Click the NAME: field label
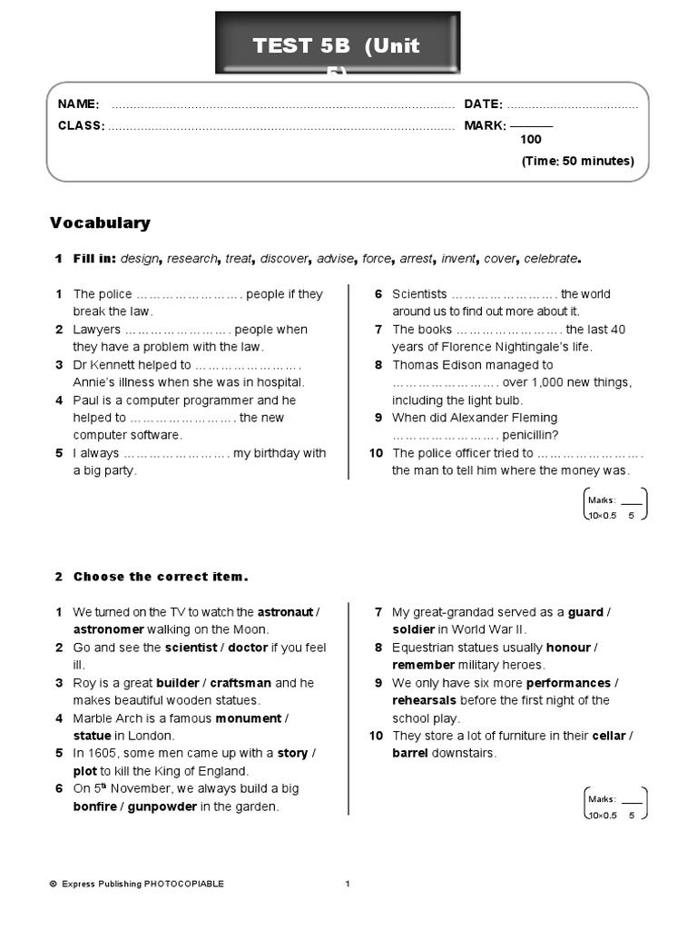(78, 104)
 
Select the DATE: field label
(483, 104)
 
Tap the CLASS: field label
(81, 125)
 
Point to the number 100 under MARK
(531, 140)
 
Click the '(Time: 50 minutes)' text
(577, 162)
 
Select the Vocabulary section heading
(100, 223)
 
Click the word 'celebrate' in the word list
(551, 259)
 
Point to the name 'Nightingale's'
(526, 347)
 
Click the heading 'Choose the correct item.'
(161, 577)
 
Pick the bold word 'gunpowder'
(162, 806)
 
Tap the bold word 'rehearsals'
(425, 700)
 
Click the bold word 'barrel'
(411, 753)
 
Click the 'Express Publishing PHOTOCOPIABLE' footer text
(142, 884)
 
